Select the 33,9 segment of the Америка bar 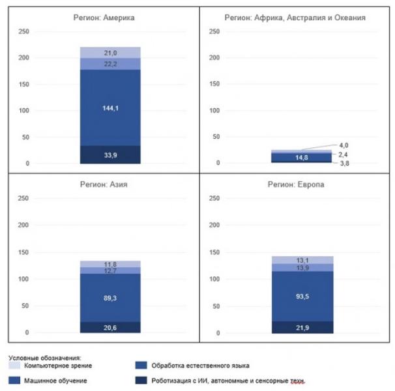point(110,154)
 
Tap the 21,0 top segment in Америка point(110,53)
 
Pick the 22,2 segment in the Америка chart point(110,64)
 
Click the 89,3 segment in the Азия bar point(110,298)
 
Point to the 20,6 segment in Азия point(110,327)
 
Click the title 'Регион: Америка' point(104,18)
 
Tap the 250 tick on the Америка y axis point(23,31)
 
